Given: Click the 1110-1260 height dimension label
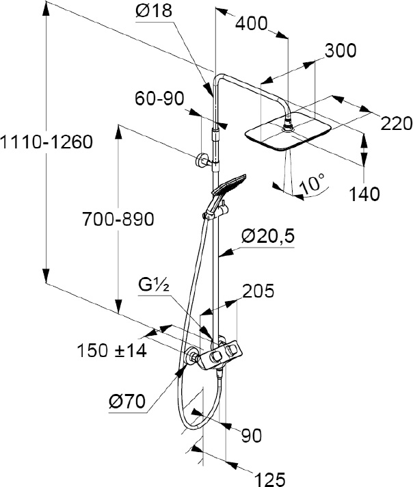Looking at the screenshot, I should [46, 143].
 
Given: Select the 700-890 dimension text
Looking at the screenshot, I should [118, 220].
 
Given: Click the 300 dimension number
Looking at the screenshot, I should [340, 51].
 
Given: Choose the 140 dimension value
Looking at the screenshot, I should [363, 195].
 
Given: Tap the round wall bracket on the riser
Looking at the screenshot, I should [200, 162].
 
